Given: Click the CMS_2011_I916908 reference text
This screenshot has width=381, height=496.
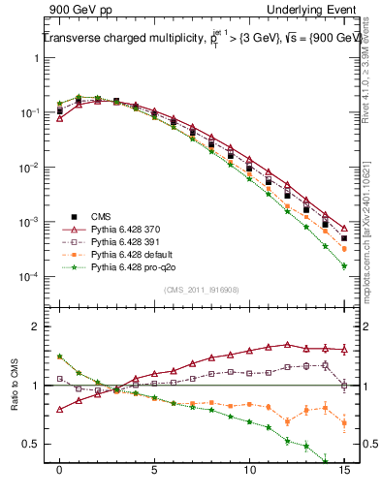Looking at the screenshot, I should tap(202, 289).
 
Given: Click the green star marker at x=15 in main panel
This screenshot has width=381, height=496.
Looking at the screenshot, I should tap(344, 266).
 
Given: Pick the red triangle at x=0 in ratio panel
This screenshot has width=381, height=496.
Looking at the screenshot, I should tap(60, 409).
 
